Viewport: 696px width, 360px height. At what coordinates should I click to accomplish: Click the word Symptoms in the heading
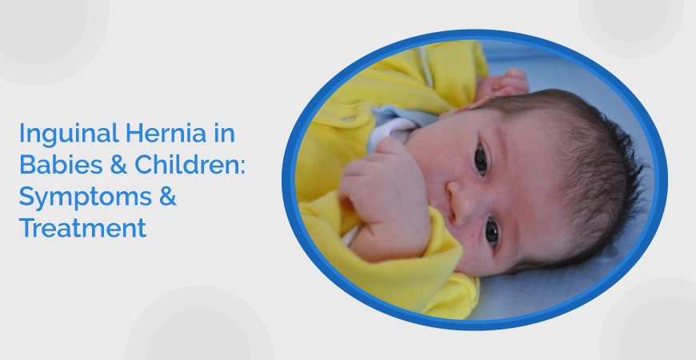77,197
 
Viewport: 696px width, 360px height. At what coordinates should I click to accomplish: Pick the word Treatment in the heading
82,228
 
